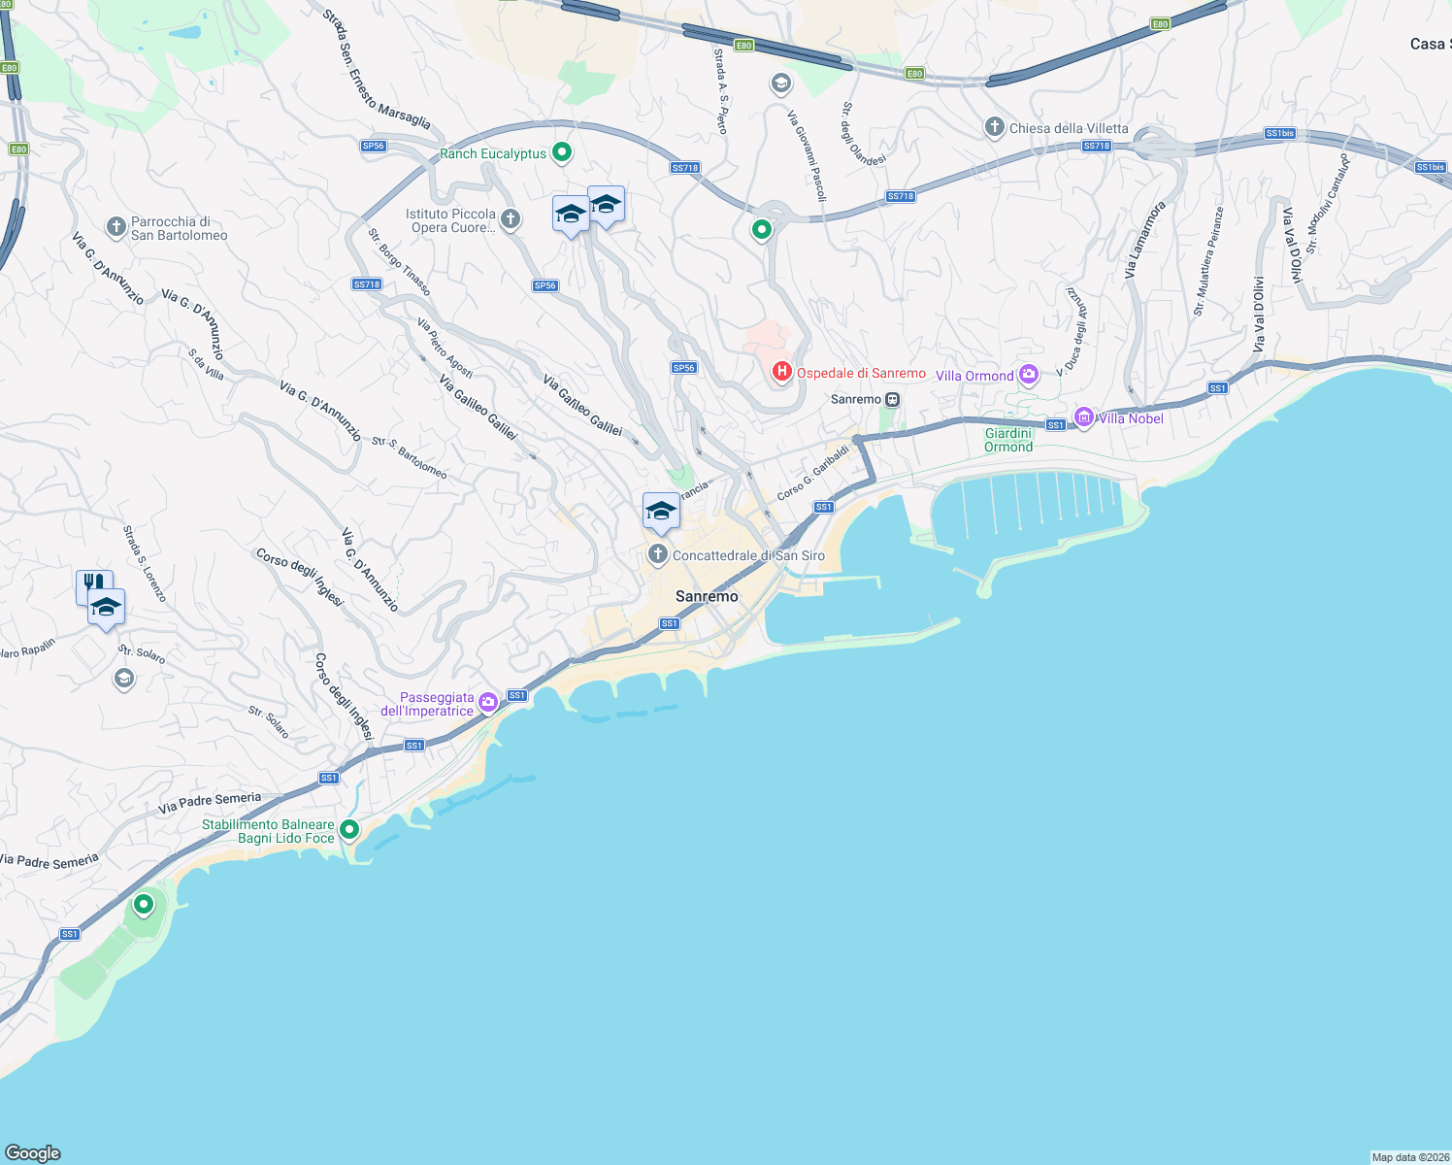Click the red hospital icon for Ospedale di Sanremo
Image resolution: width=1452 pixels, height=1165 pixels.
pos(781,372)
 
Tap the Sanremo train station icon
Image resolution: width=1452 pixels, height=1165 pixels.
pos(892,399)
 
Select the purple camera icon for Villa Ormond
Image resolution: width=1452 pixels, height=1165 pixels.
pos(1029,375)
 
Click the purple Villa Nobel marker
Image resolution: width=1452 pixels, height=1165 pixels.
pos(1084,418)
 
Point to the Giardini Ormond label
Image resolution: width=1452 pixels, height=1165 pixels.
pos(1008,440)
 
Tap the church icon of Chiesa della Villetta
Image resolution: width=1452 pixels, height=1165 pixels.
pos(994,127)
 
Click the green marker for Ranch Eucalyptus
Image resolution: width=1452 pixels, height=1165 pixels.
pos(561,152)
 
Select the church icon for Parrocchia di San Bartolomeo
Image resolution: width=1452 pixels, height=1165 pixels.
pos(116,227)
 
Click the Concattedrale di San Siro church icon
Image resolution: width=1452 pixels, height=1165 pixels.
pos(658,554)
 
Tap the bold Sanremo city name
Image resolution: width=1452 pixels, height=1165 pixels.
pos(707,596)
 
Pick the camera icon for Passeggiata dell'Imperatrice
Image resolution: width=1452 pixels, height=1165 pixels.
pos(488,702)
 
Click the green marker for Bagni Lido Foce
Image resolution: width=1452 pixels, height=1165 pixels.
pos(349,830)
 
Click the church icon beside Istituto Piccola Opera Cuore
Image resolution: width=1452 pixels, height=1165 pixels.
pos(511,219)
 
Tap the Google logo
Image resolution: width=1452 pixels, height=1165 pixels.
pos(33,1152)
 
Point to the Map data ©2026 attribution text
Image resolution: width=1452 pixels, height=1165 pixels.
pos(1410,1157)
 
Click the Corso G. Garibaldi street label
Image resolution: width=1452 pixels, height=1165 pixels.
pos(813,473)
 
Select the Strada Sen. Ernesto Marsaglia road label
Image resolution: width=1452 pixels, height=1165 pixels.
pos(377,69)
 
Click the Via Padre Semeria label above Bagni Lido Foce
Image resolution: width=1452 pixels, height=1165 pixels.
pos(210,803)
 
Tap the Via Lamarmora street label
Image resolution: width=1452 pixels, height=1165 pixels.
pos(1144,241)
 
